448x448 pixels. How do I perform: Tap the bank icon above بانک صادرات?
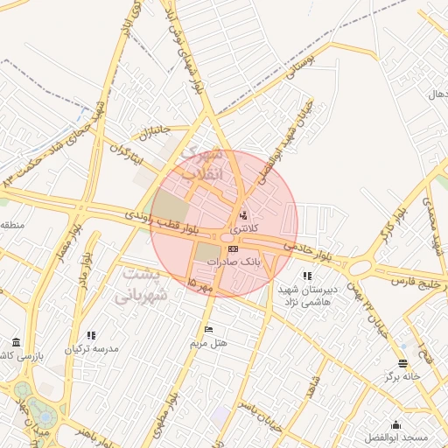(x=233, y=249)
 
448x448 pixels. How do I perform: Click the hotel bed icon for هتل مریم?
(x=208, y=329)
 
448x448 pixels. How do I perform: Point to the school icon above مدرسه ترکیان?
(x=91, y=334)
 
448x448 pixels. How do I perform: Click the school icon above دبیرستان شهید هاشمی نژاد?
(x=306, y=276)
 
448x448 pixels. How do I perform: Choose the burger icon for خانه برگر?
(x=402, y=363)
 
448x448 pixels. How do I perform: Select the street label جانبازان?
(x=152, y=132)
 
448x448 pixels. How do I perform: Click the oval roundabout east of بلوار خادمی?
(x=359, y=264)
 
